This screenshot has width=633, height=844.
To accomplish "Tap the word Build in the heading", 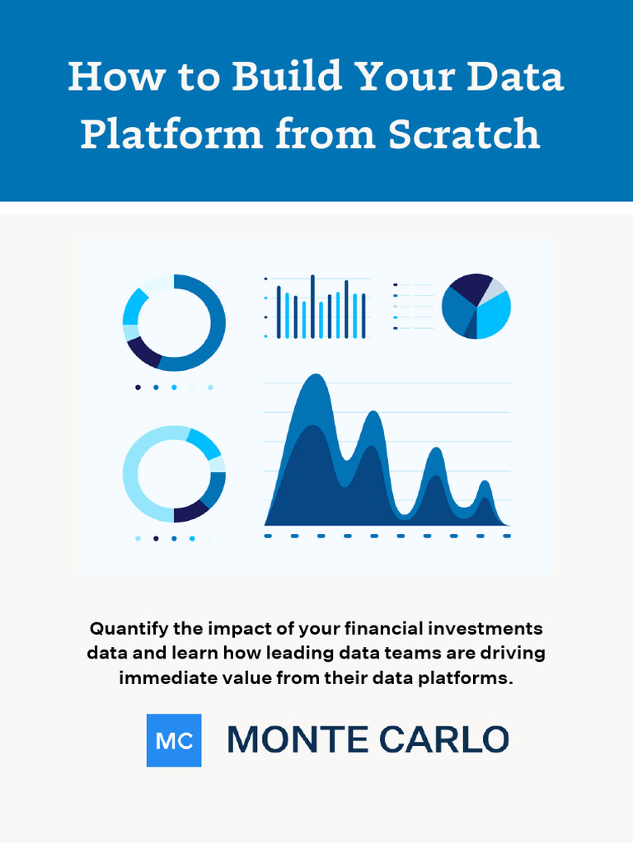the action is [288, 75].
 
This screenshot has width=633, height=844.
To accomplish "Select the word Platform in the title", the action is [172, 134].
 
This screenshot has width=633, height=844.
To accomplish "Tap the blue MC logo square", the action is [174, 740].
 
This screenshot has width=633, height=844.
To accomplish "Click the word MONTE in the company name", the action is [298, 739].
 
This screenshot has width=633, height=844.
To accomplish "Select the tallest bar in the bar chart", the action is [312, 307].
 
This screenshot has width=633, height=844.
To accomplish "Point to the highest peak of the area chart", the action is [316, 375].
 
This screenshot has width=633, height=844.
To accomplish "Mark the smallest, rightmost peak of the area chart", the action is [485, 481].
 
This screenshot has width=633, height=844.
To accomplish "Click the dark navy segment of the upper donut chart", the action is [143, 353].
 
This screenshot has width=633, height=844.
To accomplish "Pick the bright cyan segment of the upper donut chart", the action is [134, 306].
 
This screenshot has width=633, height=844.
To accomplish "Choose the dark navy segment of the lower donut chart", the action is [191, 512].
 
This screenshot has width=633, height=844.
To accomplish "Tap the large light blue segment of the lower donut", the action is [139, 474].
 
